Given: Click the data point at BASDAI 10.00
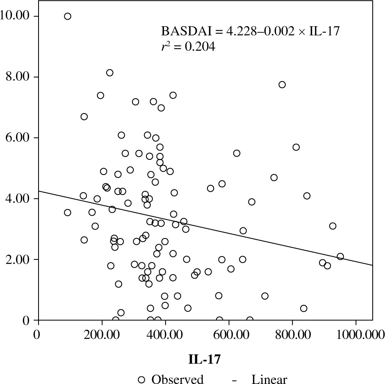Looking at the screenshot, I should coord(68,16).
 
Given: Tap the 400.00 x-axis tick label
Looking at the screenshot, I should coord(165,334).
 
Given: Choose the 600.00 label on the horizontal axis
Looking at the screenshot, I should coord(229,334).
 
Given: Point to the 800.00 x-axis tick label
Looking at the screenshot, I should coord(292,334).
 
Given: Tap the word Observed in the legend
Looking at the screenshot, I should coord(178,379).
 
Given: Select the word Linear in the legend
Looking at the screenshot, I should coord(269,379).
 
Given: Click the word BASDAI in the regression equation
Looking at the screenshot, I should coord(181,31).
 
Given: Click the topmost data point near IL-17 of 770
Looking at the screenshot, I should coord(282,85).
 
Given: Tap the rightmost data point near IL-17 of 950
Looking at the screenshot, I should coord(340,257).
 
